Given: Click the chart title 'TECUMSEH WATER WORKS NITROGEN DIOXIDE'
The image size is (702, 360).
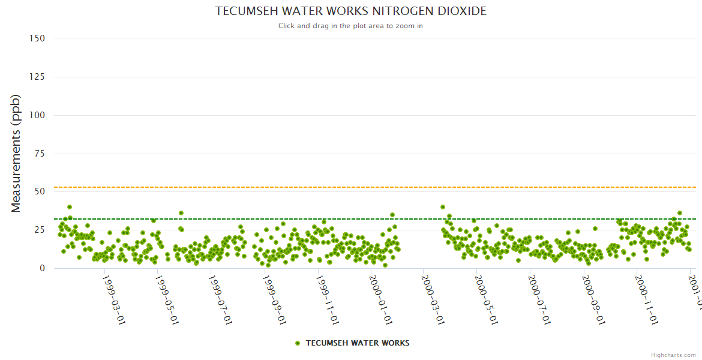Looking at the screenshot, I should pos(350,11).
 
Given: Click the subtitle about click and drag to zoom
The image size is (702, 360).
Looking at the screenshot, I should pos(350,26).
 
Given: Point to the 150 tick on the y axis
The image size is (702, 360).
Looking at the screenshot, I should pos(37,38).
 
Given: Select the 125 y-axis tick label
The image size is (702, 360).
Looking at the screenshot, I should pos(37,77).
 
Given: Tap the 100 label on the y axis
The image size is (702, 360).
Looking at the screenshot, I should pos(37,115).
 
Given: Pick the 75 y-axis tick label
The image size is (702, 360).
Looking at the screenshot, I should pos(40,154).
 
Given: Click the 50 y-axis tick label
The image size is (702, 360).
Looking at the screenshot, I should pos(40,192).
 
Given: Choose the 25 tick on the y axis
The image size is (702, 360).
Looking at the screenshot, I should pos(40,230).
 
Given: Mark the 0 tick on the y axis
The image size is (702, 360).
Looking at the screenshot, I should pos(42,269).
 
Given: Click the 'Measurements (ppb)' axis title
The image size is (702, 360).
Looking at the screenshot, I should pos(16,153).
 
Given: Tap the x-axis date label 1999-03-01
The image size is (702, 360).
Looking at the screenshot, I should pos(113,300).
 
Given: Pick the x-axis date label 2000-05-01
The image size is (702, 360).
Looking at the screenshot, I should pos(486,300).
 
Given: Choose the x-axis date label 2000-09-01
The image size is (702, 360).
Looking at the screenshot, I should pos(593,300).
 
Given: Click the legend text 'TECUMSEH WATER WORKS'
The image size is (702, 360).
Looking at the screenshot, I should pos(358,343).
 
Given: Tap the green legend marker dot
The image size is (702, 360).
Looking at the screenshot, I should pos(298,343).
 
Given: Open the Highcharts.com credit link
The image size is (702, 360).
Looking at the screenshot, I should pos(673,355).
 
